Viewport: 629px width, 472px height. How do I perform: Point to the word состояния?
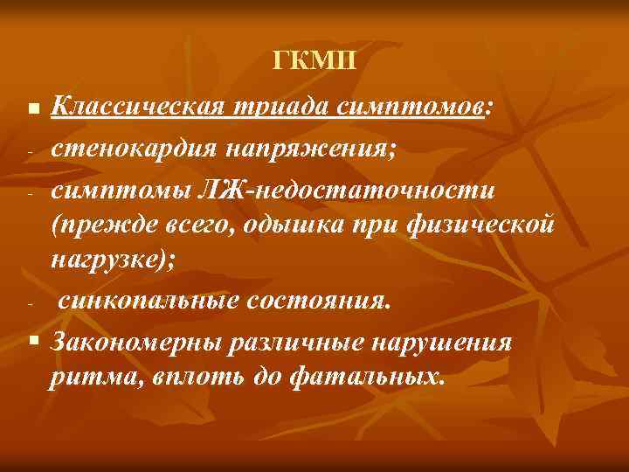click(x=320, y=302)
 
